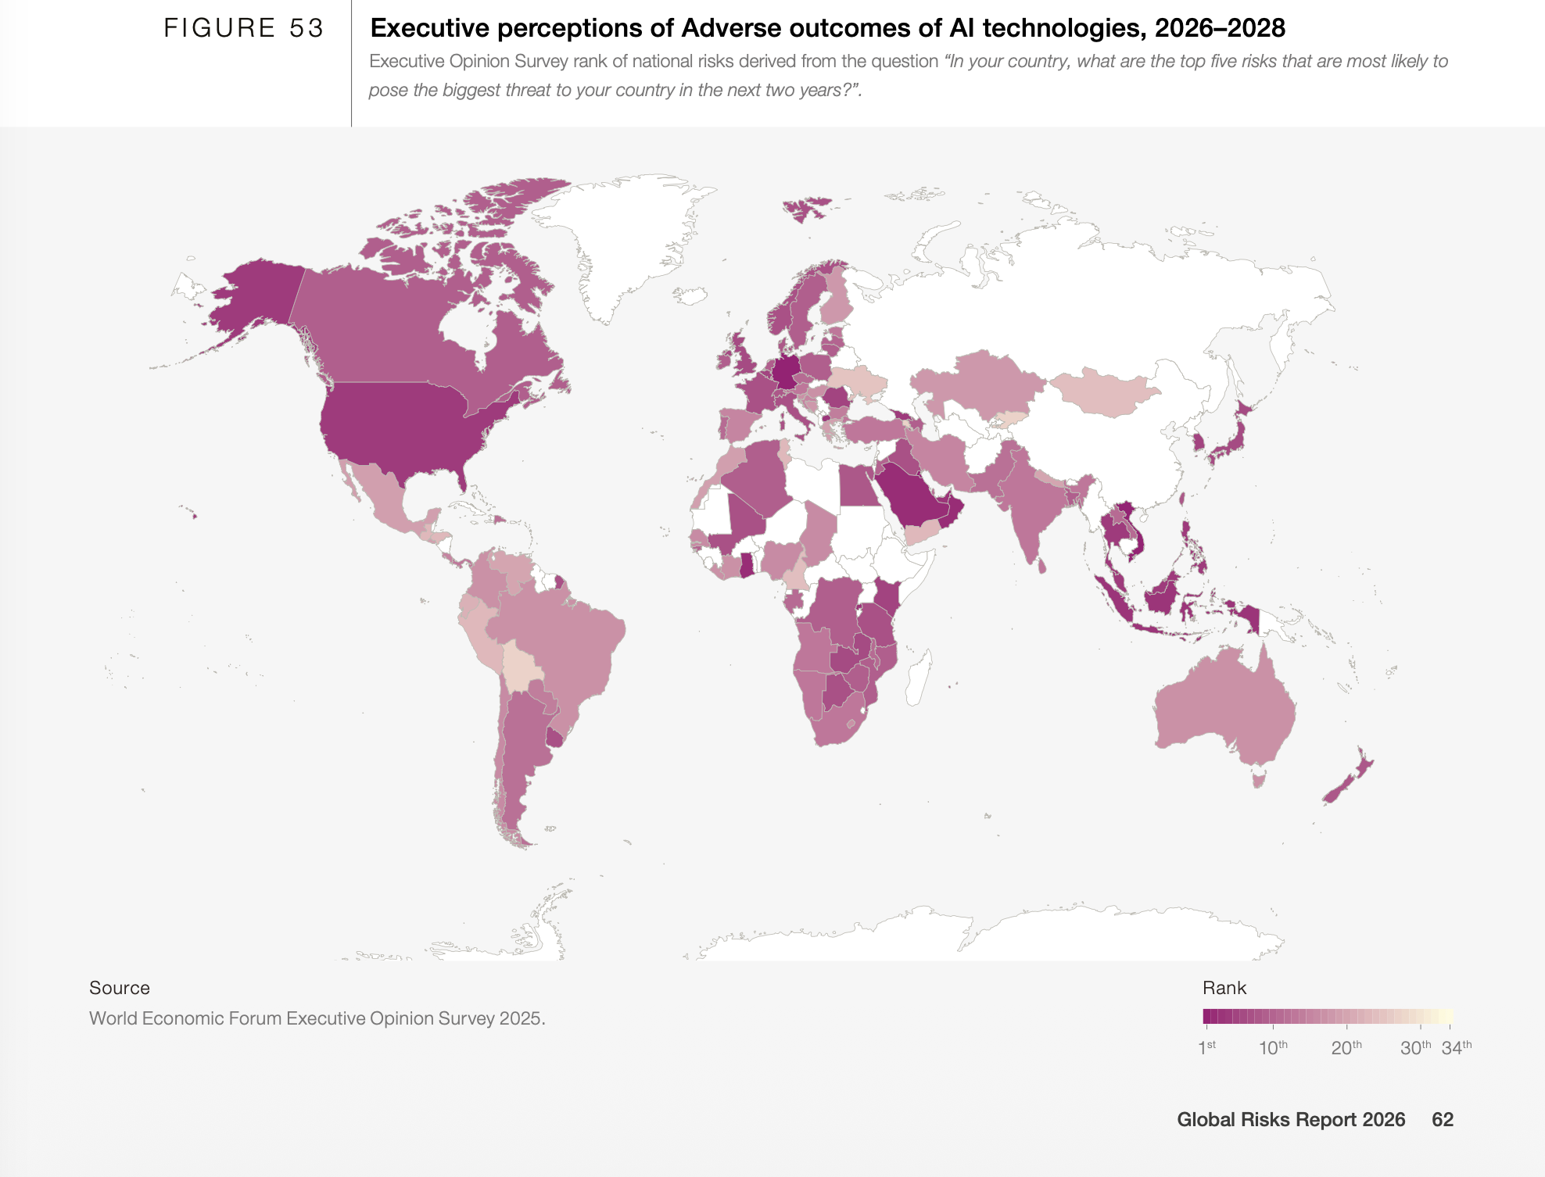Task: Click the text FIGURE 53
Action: click(x=243, y=28)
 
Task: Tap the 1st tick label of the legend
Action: click(x=1207, y=1047)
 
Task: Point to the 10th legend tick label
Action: click(x=1273, y=1047)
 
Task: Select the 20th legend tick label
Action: click(x=1346, y=1047)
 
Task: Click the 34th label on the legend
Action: click(x=1456, y=1047)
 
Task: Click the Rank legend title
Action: click(x=1224, y=988)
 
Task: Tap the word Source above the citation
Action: click(x=119, y=988)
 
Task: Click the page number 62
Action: click(x=1442, y=1119)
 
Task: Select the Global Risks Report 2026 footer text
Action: click(x=1290, y=1119)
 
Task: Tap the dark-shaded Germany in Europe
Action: click(x=787, y=371)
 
